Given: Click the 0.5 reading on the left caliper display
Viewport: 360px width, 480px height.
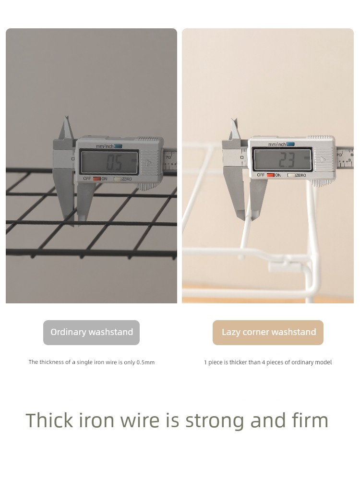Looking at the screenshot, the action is (114, 163).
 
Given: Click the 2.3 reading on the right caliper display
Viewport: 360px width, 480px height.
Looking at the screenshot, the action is (287, 160).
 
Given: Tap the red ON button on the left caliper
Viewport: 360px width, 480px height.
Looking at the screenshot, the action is (97, 179).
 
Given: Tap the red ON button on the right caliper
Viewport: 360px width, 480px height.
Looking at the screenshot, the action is (270, 175).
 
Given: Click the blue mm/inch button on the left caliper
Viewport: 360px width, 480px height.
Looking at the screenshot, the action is (118, 146).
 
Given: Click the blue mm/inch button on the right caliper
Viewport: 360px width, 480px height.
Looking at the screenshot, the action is (290, 144).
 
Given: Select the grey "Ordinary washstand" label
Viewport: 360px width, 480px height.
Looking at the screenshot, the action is (91, 333).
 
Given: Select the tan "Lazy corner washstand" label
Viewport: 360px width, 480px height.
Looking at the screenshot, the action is (268, 333).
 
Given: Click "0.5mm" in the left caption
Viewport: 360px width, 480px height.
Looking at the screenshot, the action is (145, 362).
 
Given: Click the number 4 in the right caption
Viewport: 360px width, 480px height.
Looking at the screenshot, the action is (263, 362).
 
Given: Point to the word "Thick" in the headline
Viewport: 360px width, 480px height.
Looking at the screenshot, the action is (49, 420).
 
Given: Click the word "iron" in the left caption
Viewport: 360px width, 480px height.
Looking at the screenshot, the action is (99, 362).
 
